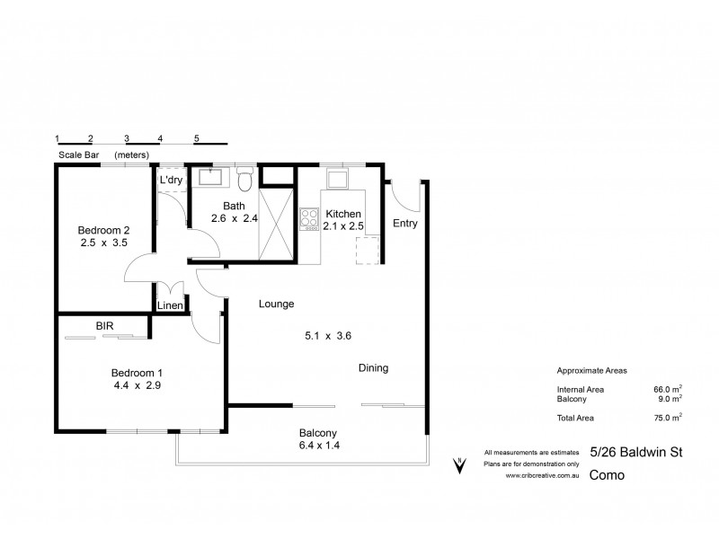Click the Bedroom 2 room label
pos(103,230)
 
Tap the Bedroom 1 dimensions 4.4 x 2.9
pos(138,385)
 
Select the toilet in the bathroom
pos(245,180)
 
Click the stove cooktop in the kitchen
pos(309,219)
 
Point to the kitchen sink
pos(337,179)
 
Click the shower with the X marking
pos(276,225)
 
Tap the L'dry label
pos(171,180)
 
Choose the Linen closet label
pos(170,305)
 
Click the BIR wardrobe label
pos(104,326)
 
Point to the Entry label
pos(405,224)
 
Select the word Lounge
pos(277,304)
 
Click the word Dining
pos(373,368)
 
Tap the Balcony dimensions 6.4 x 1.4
pos(319,445)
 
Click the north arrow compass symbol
pos(459,465)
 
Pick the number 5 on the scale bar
pos(197,138)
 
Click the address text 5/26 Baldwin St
pos(636,453)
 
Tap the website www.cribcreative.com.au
pos(543,476)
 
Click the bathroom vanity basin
pos(210,177)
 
